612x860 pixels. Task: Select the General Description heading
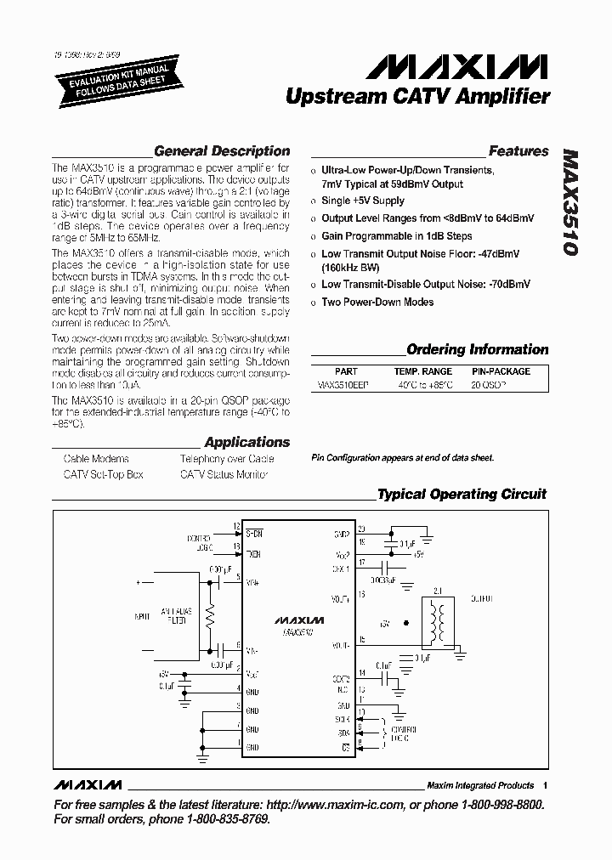point(221,151)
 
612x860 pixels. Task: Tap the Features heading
point(518,151)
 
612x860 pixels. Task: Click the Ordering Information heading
point(477,349)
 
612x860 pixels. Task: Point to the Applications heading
point(246,442)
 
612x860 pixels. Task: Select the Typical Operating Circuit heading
point(462,494)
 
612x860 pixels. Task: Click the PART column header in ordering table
point(346,371)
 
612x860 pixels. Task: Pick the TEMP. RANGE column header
point(422,371)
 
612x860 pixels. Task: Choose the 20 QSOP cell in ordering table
point(490,384)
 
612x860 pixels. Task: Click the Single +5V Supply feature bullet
point(363,201)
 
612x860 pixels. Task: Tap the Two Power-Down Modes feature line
point(377,302)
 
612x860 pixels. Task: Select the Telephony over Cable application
point(226,459)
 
